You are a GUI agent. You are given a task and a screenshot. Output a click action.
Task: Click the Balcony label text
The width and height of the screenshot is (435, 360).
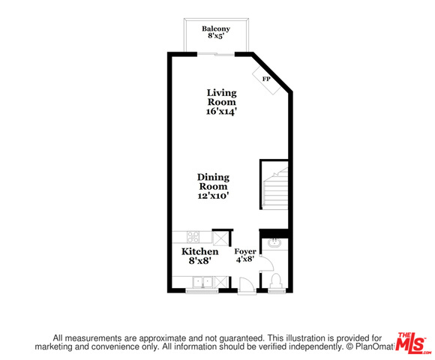tap(216, 28)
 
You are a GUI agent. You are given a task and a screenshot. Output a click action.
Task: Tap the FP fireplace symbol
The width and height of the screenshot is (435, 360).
tap(266, 80)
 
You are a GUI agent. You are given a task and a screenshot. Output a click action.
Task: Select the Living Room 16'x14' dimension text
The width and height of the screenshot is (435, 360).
tap(221, 112)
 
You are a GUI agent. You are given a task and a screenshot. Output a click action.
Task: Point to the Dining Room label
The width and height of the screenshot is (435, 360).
tap(213, 181)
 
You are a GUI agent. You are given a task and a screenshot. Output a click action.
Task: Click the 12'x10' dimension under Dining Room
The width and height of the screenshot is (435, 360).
tap(213, 196)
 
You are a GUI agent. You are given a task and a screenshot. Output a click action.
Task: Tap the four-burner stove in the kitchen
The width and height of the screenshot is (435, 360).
tap(193, 237)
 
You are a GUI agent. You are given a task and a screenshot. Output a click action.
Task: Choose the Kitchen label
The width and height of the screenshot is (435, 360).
tap(200, 252)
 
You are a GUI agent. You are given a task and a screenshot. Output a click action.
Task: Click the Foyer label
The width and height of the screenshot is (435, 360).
tap(245, 252)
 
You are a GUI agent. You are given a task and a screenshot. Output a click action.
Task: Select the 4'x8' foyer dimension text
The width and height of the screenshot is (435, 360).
tap(245, 259)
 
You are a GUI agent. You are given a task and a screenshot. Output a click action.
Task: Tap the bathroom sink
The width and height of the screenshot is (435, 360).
tap(274, 243)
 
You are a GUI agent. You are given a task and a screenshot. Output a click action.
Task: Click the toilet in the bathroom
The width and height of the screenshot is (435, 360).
tap(276, 280)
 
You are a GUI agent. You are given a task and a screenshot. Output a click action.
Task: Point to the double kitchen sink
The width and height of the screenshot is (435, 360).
tap(203, 282)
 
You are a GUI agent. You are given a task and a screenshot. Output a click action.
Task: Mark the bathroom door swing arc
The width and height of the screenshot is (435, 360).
tap(268, 263)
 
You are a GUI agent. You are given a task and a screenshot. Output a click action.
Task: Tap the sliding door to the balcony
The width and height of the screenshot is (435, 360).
tap(216, 54)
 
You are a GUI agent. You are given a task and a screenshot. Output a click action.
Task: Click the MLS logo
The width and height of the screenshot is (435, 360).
tap(413, 343)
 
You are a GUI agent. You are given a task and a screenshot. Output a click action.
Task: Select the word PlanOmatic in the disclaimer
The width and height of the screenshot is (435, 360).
tap(374, 346)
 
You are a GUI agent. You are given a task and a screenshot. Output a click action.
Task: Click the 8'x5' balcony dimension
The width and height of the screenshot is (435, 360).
tap(216, 36)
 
